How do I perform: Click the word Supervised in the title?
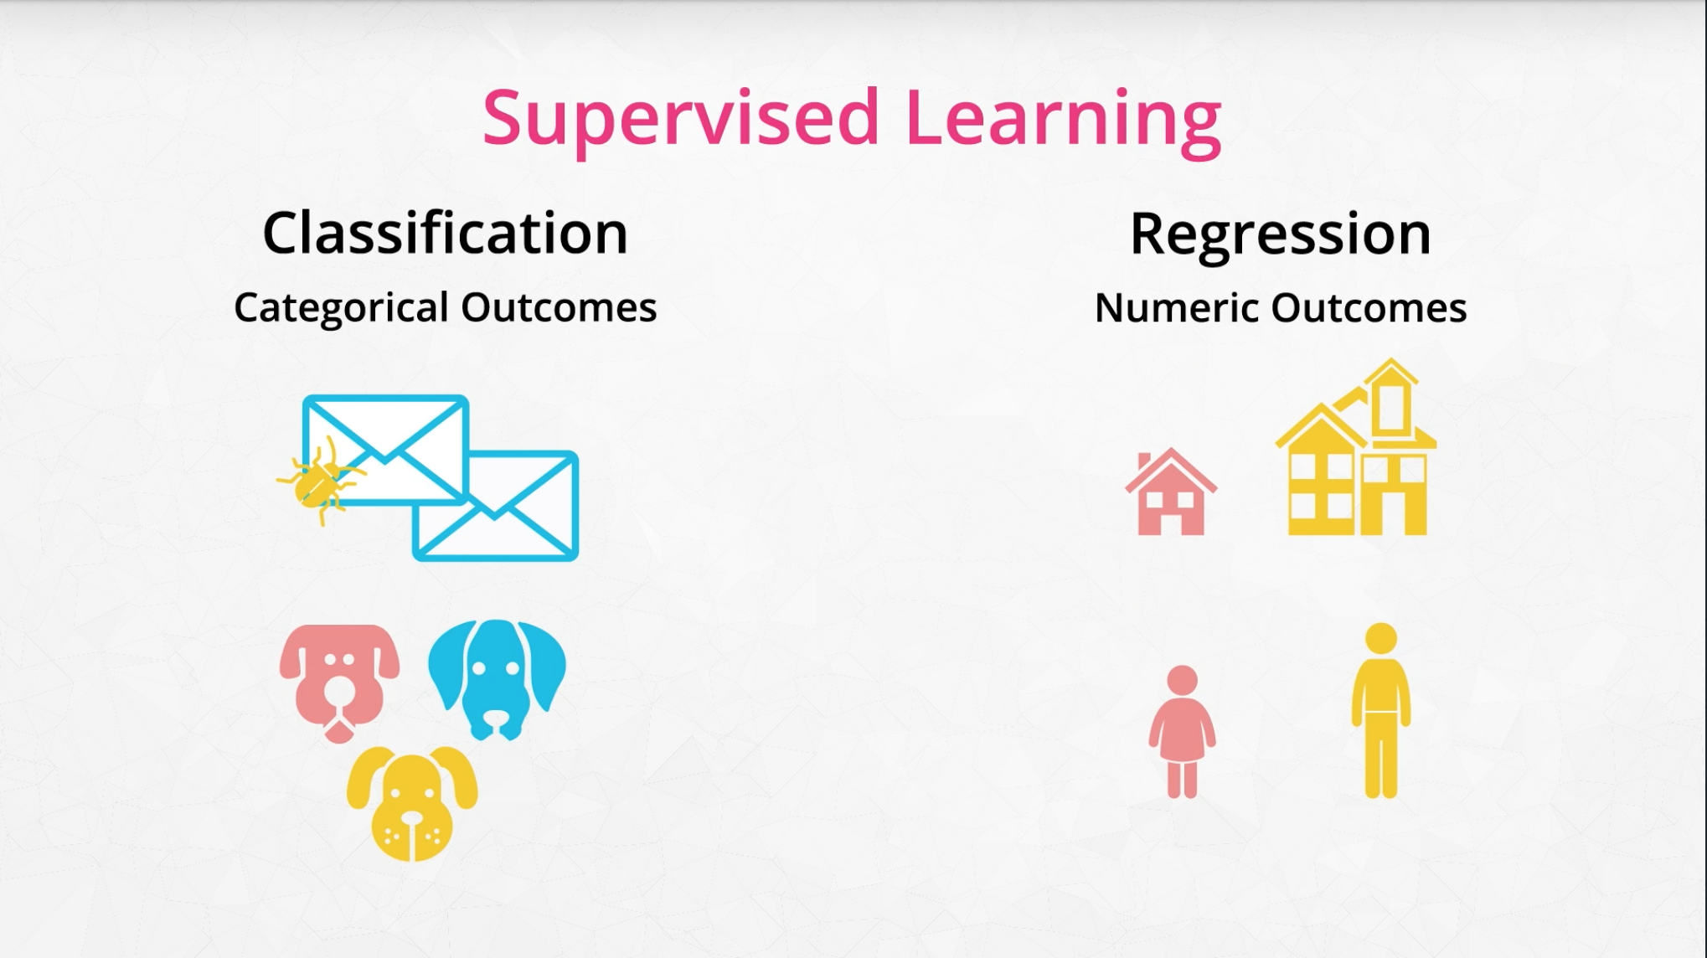coord(681,119)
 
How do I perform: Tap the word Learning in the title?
coord(1064,119)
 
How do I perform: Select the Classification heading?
coord(445,232)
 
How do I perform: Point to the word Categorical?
coord(342,308)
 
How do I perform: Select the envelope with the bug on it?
coord(385,451)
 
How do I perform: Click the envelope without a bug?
coord(497,506)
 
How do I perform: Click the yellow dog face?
coord(412,802)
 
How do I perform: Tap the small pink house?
coord(1171,492)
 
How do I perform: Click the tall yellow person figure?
coord(1381,710)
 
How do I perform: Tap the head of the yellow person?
coord(1381,639)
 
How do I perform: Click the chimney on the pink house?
coord(1144,461)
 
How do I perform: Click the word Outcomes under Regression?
coord(1369,307)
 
